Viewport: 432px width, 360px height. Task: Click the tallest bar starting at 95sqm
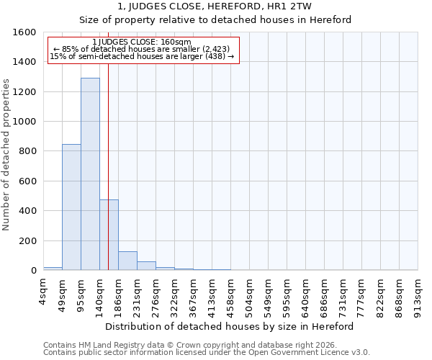[90, 174]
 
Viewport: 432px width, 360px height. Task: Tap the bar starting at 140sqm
[109, 235]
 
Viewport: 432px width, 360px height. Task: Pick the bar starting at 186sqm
[127, 261]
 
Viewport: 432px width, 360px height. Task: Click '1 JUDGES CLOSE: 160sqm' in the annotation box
[142, 42]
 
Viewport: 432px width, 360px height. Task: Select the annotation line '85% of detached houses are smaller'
[142, 49]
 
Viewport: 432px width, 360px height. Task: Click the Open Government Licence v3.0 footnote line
[207, 353]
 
